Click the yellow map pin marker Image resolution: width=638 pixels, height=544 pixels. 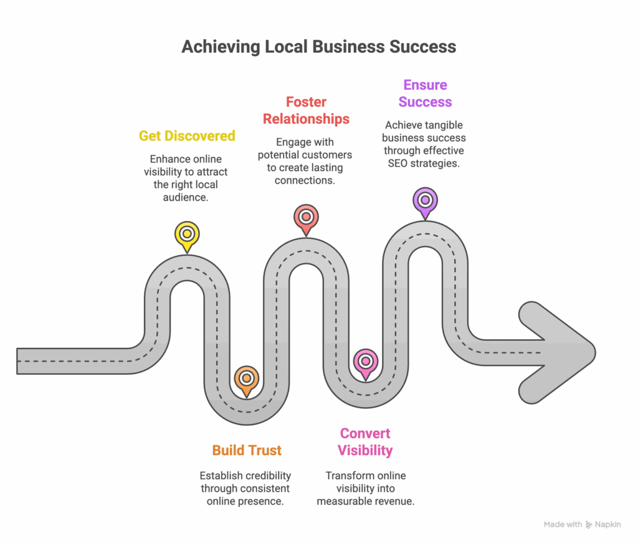coord(186,235)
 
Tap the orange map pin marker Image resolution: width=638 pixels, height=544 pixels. coord(247,378)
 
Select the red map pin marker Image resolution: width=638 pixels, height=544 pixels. coord(305,217)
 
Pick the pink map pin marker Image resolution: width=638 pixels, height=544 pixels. coord(365,361)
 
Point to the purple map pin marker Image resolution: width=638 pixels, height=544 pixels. coord(425,200)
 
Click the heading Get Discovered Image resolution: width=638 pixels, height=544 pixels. coord(187,136)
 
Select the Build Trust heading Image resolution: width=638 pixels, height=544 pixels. coord(247,450)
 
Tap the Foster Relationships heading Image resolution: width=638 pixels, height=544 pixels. coord(306,110)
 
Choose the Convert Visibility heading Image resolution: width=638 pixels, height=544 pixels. coord(365,441)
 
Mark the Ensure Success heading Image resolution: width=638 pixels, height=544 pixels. coord(425,93)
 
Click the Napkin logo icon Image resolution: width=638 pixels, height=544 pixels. coord(589,525)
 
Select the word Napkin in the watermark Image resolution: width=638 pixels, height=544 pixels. coord(608,525)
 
